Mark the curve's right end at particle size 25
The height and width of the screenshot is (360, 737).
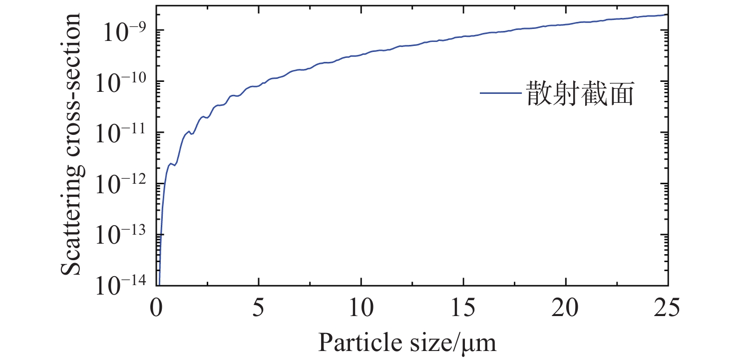pyautogui.click(x=667, y=15)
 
